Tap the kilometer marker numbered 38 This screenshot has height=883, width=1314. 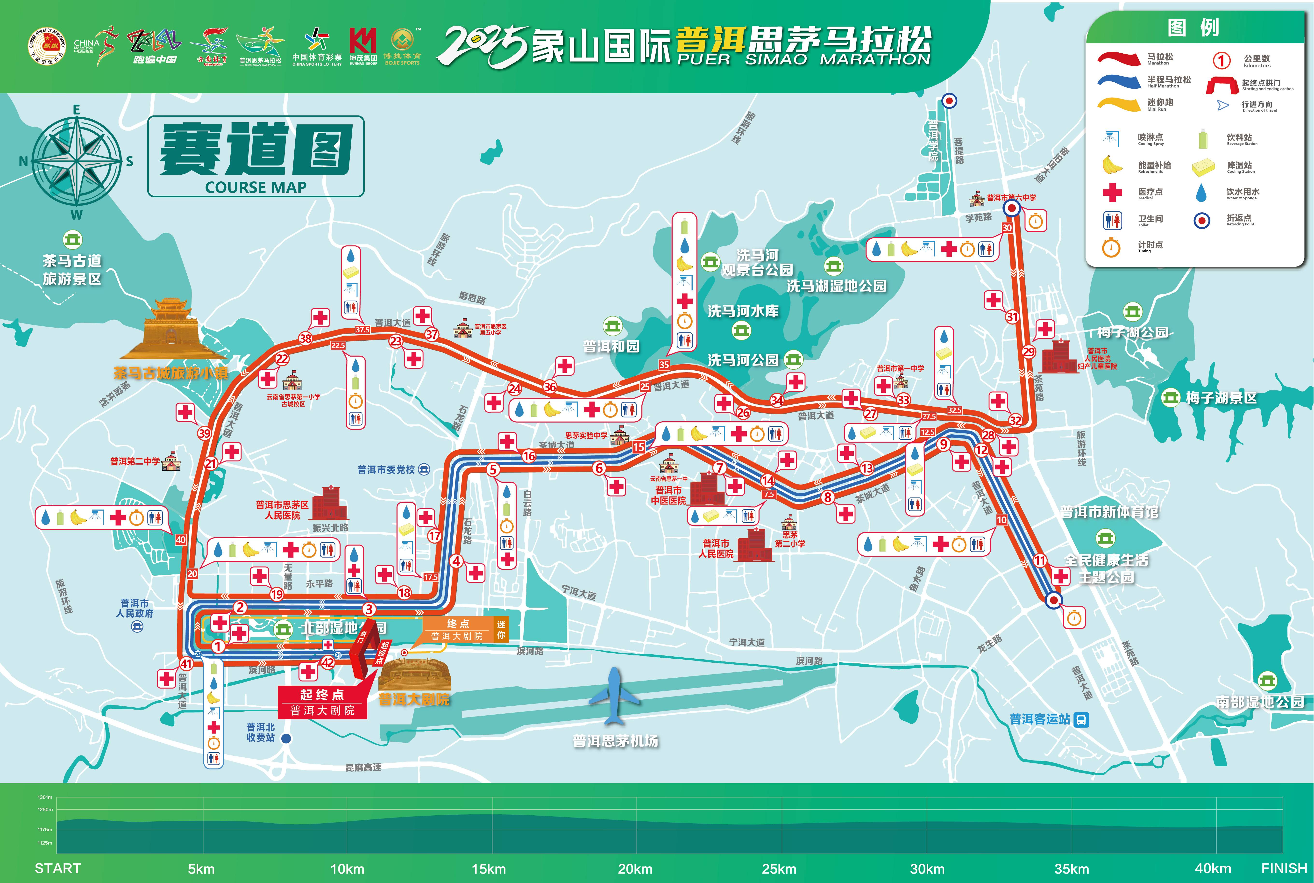coord(306,338)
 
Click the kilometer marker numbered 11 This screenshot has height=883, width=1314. coord(1040,560)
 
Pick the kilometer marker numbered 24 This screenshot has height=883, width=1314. coord(515,388)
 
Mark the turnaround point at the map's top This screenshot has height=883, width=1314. coord(949,101)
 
